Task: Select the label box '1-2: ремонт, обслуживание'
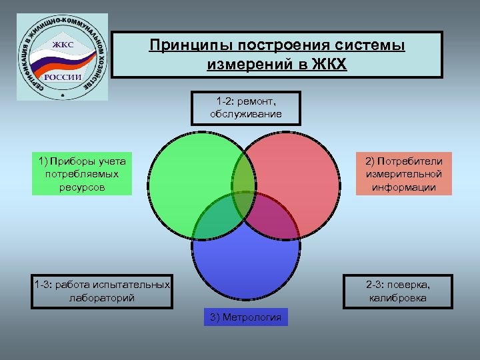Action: [245, 107]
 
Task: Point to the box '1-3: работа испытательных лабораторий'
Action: [102, 291]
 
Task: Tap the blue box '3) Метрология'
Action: [245, 317]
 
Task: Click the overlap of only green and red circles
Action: [245, 175]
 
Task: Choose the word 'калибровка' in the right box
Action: [398, 298]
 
